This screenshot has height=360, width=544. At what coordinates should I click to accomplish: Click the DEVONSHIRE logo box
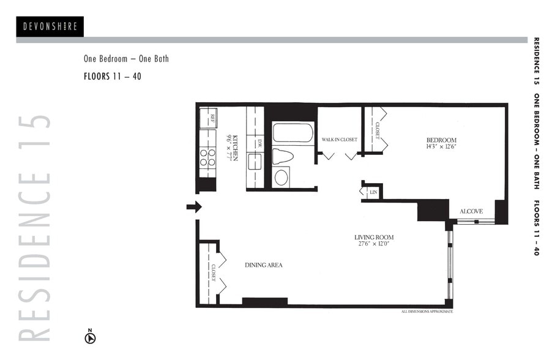coord(50,26)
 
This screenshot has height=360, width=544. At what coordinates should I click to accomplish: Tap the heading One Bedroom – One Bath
coord(126,59)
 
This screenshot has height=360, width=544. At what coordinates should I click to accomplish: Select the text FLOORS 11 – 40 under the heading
coord(112,77)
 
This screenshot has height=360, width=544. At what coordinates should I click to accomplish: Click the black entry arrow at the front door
coord(194,207)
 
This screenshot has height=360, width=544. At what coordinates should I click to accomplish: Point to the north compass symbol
coord(90,336)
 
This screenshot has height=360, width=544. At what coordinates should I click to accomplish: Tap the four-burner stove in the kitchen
coord(209,158)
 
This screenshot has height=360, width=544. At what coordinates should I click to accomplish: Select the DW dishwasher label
coord(259,143)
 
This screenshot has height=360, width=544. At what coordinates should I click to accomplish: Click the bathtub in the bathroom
coord(292,133)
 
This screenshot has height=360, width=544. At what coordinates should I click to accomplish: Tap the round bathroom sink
coord(281,178)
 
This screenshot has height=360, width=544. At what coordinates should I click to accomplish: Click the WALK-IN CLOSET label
coord(340,140)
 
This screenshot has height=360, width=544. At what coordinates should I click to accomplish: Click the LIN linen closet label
coord(373,192)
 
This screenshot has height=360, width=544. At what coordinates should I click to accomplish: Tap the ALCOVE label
coord(471,211)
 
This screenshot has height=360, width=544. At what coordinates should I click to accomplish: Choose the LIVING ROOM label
coord(373,237)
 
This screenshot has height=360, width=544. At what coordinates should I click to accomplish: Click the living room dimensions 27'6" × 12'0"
coord(373,244)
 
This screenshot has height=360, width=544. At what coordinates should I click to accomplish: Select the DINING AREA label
coord(263,265)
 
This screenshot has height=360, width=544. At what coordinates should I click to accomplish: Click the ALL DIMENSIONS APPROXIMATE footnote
coord(427,312)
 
